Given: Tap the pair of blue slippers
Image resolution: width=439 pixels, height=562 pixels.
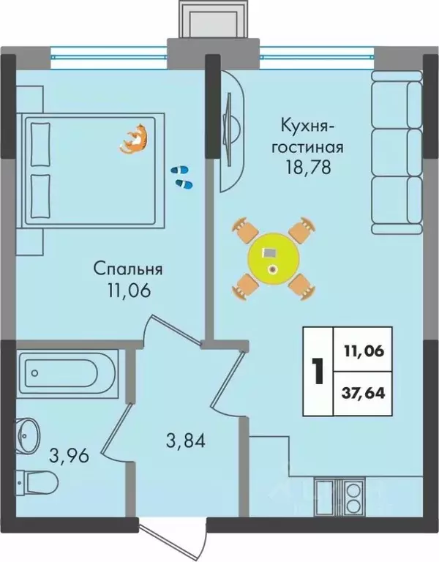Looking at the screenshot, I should tap(180, 176).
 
